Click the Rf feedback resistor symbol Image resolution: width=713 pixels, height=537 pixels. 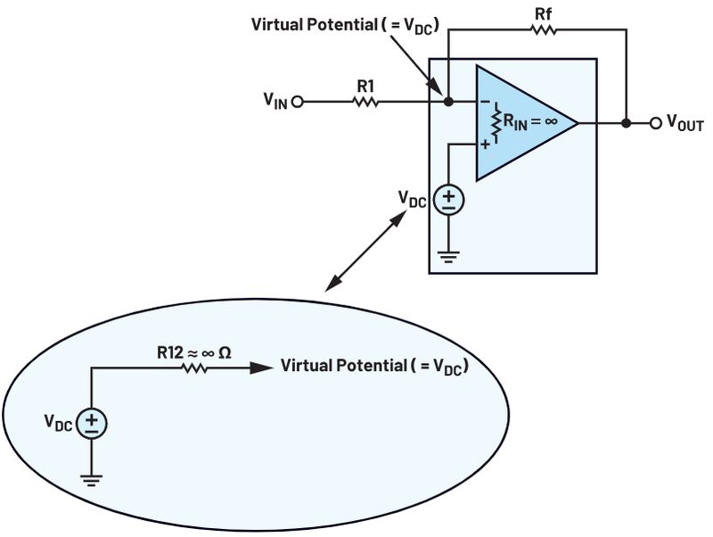point(543,30)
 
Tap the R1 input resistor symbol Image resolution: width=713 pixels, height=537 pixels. point(365,102)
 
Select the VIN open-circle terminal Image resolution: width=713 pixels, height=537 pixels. point(297,102)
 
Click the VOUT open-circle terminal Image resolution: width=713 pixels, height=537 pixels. point(655,123)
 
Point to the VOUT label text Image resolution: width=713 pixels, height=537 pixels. point(684,123)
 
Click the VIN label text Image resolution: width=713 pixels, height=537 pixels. point(275,101)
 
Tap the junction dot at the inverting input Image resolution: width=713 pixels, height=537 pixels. point(448,102)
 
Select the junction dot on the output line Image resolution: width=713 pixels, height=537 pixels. point(627,123)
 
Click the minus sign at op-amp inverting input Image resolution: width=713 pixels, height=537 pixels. point(485,102)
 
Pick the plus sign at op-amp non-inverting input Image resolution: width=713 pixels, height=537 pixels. point(486,145)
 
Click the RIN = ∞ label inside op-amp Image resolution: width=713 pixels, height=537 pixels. point(529,121)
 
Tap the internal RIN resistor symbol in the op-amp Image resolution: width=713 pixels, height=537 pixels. point(496,123)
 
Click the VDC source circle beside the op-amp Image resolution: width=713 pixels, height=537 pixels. point(449,200)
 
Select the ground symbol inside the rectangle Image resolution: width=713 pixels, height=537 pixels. point(449,257)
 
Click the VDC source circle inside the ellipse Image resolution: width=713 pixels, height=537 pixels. point(92,423)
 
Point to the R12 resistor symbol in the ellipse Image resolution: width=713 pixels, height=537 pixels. point(194,368)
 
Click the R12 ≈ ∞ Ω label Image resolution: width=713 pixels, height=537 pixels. point(194,352)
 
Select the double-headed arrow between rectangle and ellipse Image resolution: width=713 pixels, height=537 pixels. point(365,251)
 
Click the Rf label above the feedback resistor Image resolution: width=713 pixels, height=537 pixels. point(544,14)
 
